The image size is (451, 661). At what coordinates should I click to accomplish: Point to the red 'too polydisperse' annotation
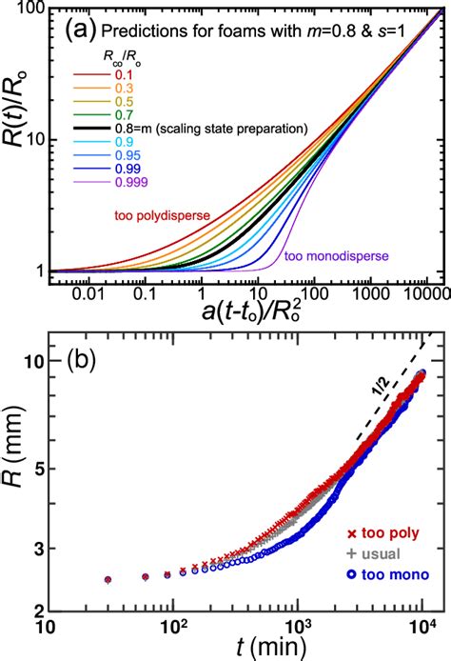(x=160, y=216)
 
